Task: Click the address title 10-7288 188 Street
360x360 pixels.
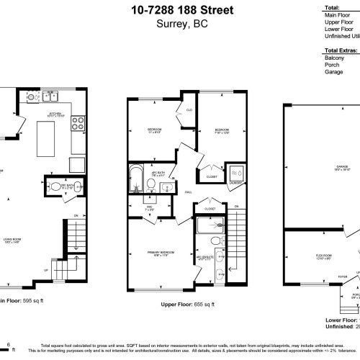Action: point(182,9)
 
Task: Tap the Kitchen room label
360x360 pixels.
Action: point(55,114)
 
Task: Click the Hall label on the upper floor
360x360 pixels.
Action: point(186,192)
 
